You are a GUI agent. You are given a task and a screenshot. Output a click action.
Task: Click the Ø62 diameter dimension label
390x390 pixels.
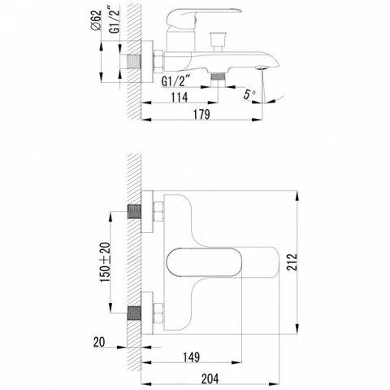[97, 20]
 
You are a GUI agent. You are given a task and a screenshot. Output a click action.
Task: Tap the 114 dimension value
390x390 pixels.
[180, 97]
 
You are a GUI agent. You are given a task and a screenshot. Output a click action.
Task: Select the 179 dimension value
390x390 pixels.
[201, 114]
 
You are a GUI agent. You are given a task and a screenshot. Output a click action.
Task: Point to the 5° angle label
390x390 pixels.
[249, 94]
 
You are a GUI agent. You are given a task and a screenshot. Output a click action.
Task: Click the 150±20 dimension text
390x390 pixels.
[106, 261]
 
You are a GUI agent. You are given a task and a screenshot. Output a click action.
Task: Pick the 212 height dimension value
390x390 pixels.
[292, 262]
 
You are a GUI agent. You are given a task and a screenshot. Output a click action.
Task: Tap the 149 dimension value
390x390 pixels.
[192, 357]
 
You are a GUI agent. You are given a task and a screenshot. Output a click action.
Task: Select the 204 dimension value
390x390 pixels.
[210, 379]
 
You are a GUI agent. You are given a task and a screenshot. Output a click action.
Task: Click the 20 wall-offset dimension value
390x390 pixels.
[99, 342]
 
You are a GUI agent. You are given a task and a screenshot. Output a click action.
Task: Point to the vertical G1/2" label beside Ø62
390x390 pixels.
[115, 20]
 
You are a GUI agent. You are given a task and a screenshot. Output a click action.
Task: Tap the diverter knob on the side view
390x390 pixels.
[218, 42]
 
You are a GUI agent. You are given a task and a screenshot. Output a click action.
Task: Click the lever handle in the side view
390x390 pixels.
[203, 17]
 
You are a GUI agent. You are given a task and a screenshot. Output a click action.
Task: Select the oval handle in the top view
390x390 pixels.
[204, 262]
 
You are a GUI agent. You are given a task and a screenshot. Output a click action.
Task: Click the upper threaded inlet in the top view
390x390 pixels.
[134, 212]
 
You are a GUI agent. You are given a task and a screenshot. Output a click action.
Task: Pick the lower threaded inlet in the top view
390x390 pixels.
[134, 313]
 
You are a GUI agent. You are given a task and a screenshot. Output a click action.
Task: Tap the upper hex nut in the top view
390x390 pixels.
[158, 212]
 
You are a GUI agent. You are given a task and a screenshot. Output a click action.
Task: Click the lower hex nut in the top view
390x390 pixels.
[158, 313]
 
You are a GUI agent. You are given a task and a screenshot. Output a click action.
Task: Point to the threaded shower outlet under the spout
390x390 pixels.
[218, 77]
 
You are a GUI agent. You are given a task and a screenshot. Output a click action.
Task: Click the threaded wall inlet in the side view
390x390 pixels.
[134, 62]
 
